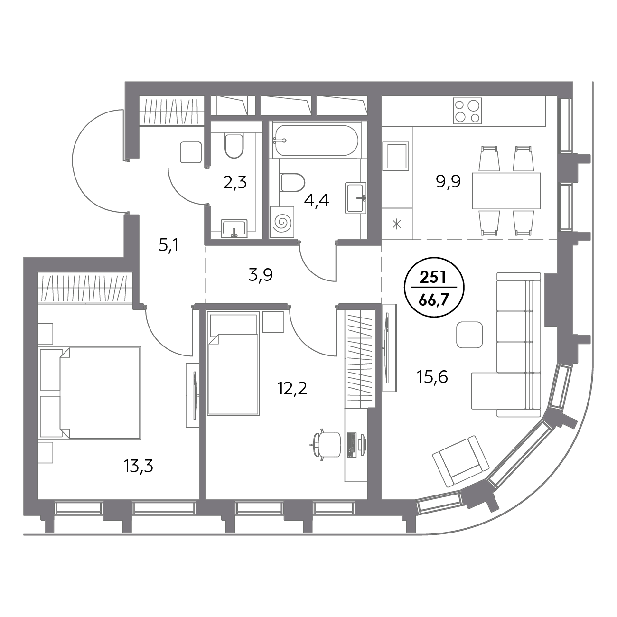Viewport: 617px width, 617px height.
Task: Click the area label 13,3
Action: [138, 467]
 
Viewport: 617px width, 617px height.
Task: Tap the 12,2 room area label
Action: [292, 389]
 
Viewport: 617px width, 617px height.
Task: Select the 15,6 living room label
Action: [432, 377]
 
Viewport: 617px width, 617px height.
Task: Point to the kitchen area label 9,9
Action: [448, 182]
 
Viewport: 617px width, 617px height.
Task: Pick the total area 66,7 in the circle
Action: [433, 301]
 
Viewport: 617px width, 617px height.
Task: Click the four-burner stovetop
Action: [467, 111]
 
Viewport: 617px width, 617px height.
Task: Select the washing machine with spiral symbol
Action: [282, 222]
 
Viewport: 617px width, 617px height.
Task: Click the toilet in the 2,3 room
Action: [234, 146]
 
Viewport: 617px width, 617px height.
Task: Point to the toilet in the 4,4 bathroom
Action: [293, 183]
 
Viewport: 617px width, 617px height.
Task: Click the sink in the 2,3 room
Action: [234, 229]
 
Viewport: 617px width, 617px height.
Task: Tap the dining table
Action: [506, 191]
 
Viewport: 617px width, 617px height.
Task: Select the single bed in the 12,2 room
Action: [233, 365]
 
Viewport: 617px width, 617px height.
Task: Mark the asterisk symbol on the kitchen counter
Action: [397, 224]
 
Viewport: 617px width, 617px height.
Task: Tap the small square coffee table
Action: [469, 335]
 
